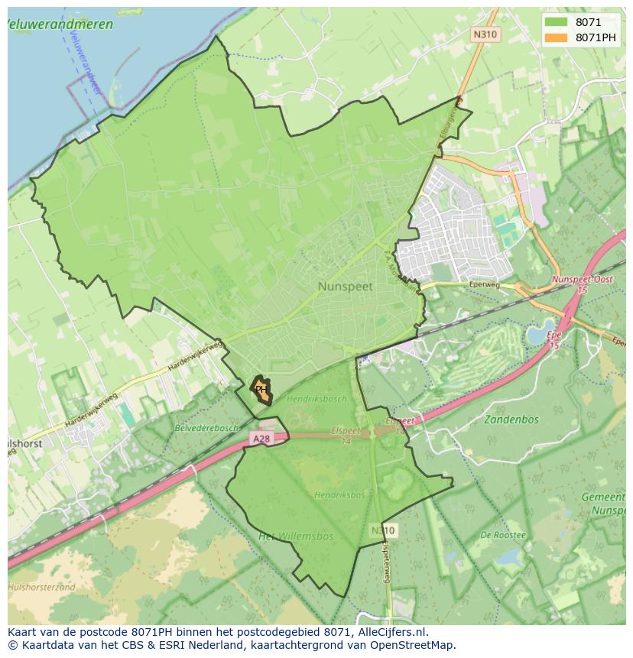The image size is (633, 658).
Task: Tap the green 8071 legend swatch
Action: click(x=557, y=22)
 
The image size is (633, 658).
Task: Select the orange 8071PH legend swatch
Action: click(x=557, y=37)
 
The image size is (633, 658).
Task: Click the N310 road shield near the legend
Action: click(x=485, y=34)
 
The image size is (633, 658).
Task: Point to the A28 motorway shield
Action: click(x=261, y=439)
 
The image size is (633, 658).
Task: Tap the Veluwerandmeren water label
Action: click(x=60, y=24)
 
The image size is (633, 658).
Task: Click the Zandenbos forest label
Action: click(x=511, y=419)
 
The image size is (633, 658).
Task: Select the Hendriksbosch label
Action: click(x=316, y=399)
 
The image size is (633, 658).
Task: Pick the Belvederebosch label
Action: click(x=206, y=428)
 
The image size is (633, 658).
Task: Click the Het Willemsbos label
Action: click(x=295, y=536)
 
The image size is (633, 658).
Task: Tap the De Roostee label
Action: click(x=503, y=535)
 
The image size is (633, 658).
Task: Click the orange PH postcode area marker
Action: click(x=261, y=389)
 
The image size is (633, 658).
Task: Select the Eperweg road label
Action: click(x=485, y=285)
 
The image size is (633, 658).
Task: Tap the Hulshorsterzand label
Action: click(x=41, y=587)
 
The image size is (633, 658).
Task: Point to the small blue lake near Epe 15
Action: click(x=538, y=333)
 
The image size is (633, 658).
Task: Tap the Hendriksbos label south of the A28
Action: click(x=339, y=495)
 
